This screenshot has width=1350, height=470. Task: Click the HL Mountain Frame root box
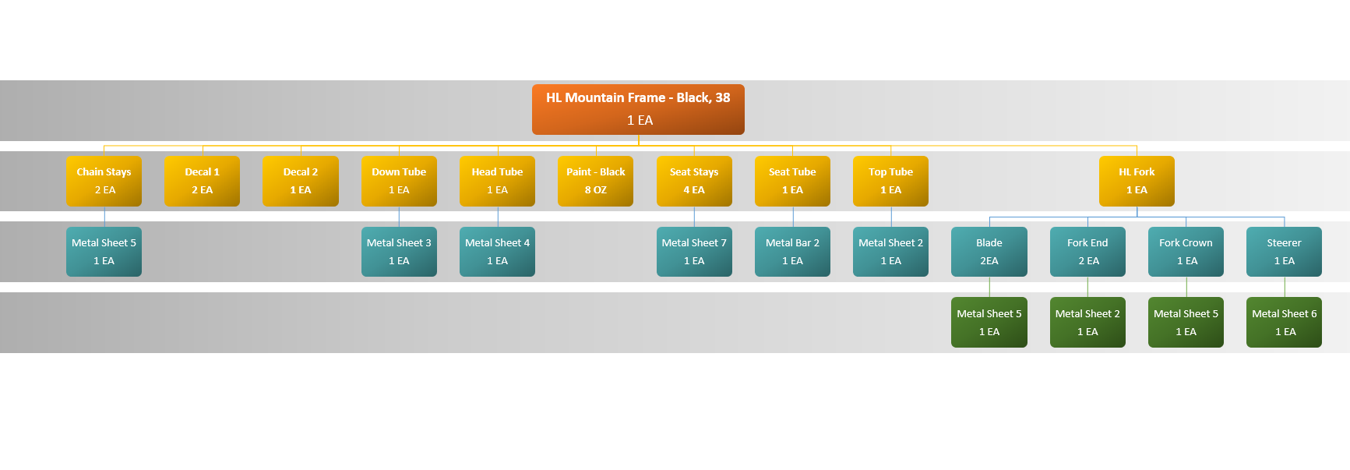[x=638, y=109]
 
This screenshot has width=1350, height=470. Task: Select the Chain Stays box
[x=104, y=181]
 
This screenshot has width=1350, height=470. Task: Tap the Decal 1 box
[x=202, y=181]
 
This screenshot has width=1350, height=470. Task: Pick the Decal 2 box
[x=300, y=181]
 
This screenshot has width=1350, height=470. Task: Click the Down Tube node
[x=399, y=181]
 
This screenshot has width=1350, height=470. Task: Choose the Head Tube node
[x=497, y=181]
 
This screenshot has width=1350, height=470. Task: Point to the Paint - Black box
[x=595, y=181]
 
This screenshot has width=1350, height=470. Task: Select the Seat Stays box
[x=694, y=181]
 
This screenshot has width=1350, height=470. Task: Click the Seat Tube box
[x=792, y=181]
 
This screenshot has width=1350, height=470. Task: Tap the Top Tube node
[x=890, y=181]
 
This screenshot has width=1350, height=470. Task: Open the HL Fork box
[x=1137, y=181]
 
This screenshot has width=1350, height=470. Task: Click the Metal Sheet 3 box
[x=399, y=252]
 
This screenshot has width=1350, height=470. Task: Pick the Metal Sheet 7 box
[x=694, y=252]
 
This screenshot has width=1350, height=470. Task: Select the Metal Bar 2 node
[x=792, y=252]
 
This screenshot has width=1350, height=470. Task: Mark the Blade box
[x=989, y=252]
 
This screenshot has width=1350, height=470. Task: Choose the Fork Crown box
[x=1186, y=252]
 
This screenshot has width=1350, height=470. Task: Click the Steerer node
[x=1284, y=252]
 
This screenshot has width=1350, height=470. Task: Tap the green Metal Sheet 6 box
[x=1284, y=322]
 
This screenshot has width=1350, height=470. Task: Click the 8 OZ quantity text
[x=595, y=190]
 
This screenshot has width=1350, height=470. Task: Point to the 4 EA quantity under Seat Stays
[x=694, y=190]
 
